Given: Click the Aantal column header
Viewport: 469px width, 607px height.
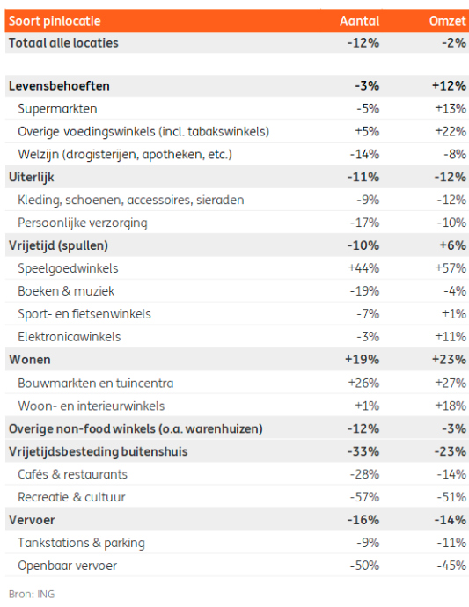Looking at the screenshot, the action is click(x=359, y=21).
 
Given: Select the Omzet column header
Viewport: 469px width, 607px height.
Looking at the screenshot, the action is click(x=447, y=21).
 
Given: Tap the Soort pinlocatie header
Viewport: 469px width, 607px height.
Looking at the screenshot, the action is click(x=55, y=21).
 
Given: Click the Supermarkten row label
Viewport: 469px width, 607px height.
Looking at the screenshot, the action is click(x=57, y=109).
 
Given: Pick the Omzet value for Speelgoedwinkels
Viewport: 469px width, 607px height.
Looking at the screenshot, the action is click(x=451, y=268).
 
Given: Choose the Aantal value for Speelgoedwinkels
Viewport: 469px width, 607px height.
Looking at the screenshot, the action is click(x=363, y=268).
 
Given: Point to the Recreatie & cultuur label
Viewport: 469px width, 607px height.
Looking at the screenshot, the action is click(x=71, y=497).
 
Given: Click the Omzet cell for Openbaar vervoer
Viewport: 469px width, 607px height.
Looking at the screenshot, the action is click(x=451, y=566).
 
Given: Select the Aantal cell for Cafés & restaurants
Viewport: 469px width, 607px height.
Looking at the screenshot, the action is click(x=364, y=474).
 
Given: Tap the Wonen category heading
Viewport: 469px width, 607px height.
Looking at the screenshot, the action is click(x=30, y=360).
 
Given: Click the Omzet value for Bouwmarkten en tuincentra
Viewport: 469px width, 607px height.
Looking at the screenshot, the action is click(x=451, y=383).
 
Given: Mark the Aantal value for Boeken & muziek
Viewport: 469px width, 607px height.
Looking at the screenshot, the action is click(x=364, y=291).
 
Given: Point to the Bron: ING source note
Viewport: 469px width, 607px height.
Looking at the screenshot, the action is click(x=32, y=594).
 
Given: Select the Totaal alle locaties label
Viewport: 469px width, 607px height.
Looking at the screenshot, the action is click(x=63, y=43).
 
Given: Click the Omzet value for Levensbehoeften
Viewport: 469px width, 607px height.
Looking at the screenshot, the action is click(x=450, y=86).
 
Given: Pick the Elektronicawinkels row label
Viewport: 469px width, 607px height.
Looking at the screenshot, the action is click(x=70, y=337).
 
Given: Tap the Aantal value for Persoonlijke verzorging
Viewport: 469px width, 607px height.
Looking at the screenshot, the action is click(x=364, y=223).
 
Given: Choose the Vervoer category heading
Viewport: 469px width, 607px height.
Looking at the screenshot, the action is click(x=32, y=520).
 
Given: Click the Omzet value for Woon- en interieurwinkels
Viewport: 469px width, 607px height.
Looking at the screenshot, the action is click(x=451, y=406).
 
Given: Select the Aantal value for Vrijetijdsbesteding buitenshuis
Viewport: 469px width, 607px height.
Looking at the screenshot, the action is click(x=363, y=451).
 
